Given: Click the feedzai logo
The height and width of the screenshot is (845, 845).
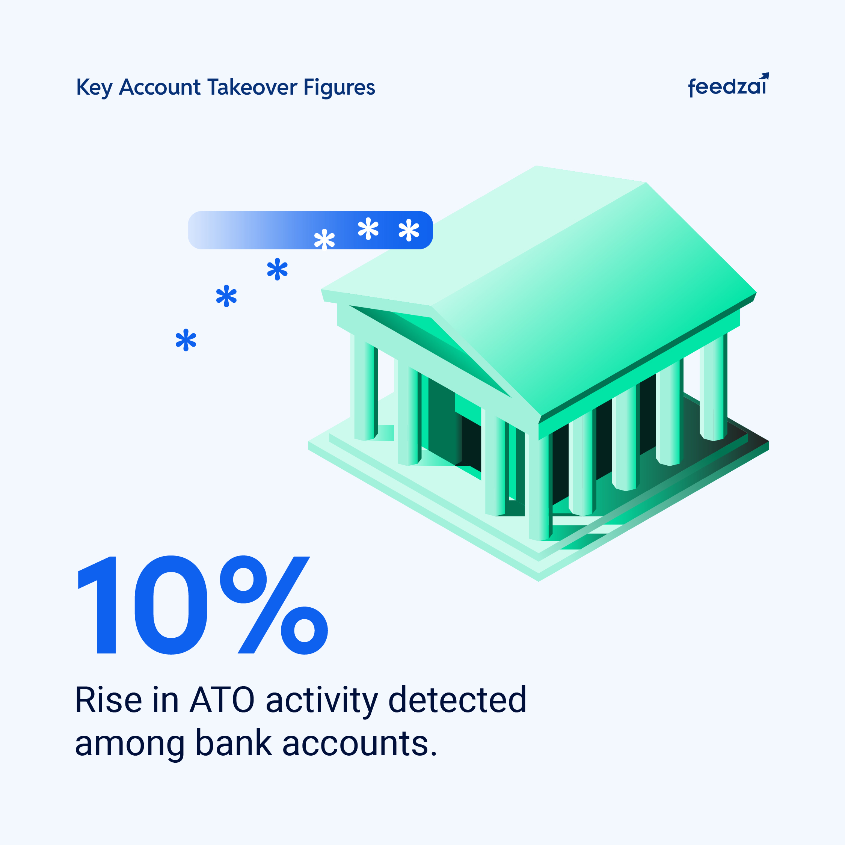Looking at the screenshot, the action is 728,85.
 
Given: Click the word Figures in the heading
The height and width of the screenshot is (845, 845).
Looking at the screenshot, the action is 340,88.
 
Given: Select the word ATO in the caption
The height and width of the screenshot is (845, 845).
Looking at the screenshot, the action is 222,701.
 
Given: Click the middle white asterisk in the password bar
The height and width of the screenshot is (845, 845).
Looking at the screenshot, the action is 368,228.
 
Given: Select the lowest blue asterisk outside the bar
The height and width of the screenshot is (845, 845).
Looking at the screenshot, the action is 186,340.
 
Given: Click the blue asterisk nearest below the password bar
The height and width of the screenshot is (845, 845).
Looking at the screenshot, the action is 277,269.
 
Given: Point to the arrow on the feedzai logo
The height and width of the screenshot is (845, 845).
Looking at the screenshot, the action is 764,77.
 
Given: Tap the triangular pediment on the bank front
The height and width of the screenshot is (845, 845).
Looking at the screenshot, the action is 431,350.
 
